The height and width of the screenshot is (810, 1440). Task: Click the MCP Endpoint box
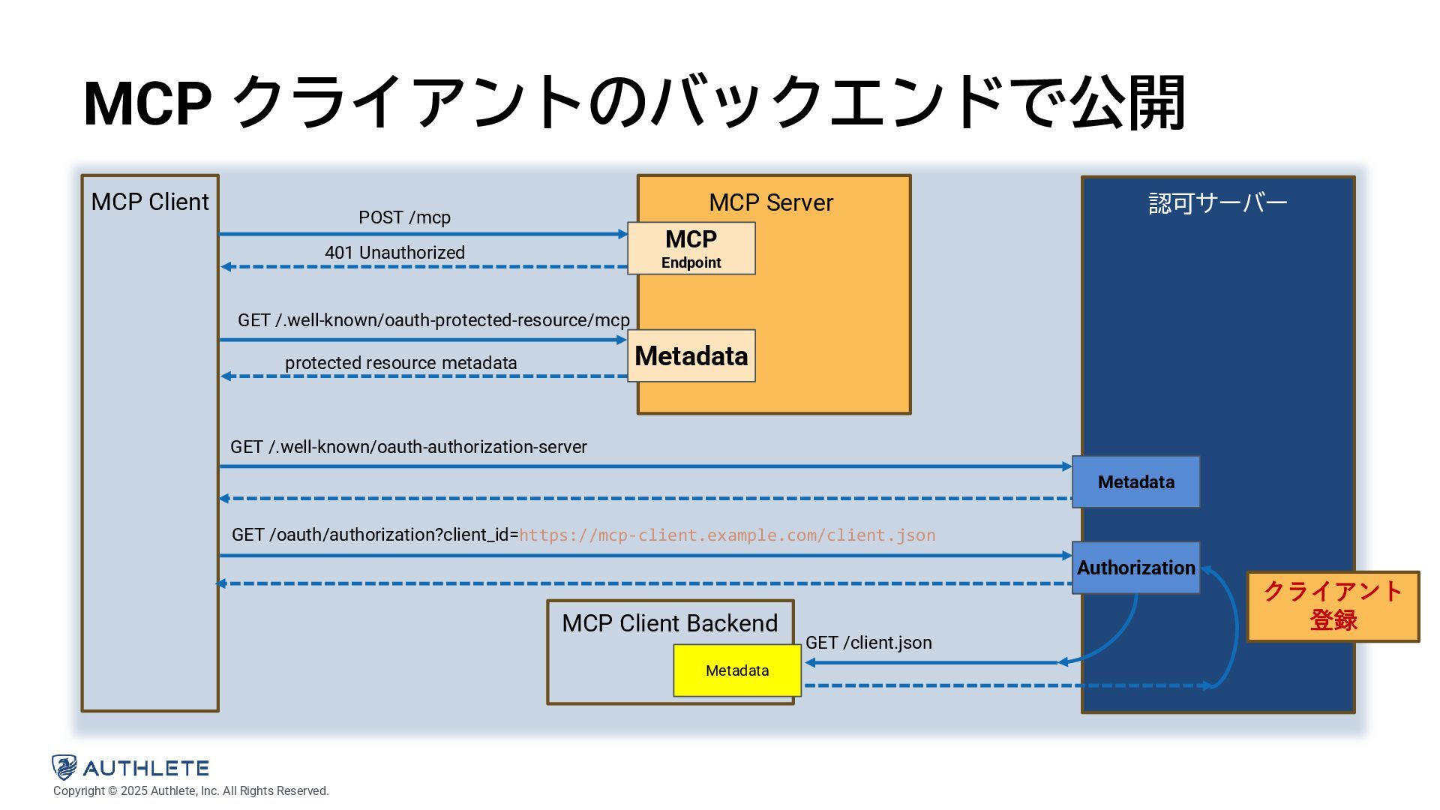point(691,248)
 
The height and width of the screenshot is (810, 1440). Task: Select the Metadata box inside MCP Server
point(691,355)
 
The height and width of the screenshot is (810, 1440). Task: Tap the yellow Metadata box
point(737,670)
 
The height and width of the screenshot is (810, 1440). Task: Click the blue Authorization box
point(1135,568)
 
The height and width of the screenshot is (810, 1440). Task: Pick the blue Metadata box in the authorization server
point(1135,482)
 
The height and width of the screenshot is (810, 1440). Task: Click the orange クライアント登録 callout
point(1333,606)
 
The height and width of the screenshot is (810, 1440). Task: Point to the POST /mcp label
point(404,217)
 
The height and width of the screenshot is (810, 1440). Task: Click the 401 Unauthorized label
point(394,253)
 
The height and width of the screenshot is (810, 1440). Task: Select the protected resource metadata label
point(400,363)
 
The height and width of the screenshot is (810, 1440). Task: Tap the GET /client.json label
point(868,643)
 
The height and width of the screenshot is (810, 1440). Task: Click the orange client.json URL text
point(727,535)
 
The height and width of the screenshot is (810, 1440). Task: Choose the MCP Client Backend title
point(670,623)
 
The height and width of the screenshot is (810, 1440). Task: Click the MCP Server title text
point(771,202)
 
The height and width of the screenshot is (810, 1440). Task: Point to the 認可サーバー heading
point(1217,203)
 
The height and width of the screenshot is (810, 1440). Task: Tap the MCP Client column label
point(150,202)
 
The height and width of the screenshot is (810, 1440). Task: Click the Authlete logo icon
point(64,767)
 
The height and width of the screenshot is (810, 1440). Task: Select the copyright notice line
point(190,791)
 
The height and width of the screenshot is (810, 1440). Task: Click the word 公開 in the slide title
point(1126,103)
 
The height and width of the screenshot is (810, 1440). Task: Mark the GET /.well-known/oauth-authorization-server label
point(408,447)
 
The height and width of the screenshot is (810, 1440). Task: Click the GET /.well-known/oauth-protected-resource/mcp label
point(433,320)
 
